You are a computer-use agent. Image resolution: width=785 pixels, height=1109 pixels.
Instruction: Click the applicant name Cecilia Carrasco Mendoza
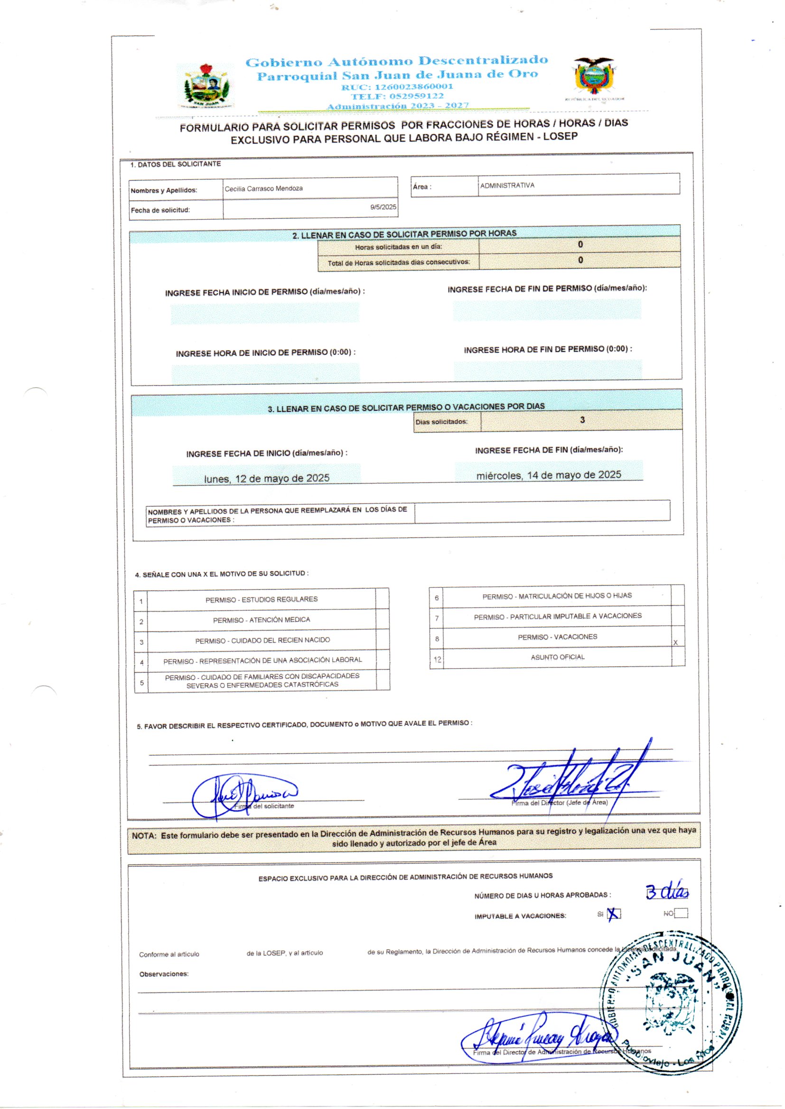(x=263, y=188)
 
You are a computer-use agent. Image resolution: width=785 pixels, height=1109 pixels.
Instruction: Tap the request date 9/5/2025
(x=383, y=207)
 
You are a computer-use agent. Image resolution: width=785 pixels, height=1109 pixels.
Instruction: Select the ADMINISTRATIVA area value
(x=507, y=185)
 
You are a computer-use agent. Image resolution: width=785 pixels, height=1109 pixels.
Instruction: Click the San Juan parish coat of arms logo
(x=206, y=85)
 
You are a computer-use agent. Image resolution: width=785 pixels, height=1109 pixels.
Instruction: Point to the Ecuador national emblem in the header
(x=594, y=76)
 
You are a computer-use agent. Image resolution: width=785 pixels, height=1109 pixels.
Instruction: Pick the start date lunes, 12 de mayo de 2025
(x=266, y=478)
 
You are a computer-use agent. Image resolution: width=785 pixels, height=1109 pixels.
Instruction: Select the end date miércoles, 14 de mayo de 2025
(x=549, y=475)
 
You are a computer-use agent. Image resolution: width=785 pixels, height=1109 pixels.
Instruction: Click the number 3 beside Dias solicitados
(x=582, y=420)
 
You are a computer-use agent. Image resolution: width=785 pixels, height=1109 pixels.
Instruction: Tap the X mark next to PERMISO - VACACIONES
(x=675, y=642)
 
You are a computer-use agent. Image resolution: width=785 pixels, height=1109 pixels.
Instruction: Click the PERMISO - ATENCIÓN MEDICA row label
(x=262, y=619)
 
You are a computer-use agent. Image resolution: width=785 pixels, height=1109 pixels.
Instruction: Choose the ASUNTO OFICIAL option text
(x=557, y=657)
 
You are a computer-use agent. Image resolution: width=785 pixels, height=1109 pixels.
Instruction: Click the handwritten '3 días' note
(x=667, y=893)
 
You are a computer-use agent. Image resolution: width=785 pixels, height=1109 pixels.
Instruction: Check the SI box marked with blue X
(x=613, y=914)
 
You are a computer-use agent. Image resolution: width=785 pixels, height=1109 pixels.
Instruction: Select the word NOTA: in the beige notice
(x=144, y=836)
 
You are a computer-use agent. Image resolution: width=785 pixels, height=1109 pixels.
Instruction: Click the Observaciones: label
(x=164, y=974)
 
